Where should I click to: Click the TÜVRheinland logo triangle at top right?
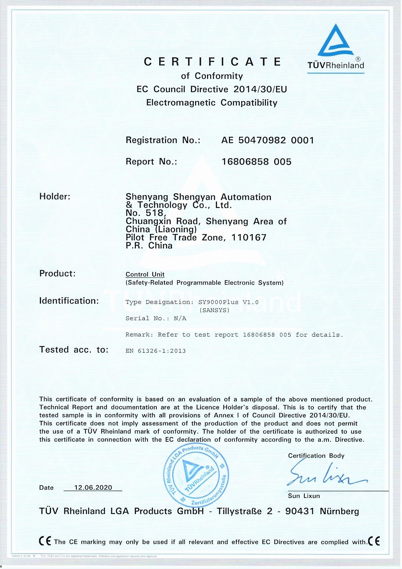pyautogui.click(x=336, y=41)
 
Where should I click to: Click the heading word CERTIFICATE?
pyautogui.click(x=213, y=62)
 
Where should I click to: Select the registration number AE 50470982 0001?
pyautogui.click(x=267, y=140)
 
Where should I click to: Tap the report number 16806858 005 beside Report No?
pyautogui.click(x=256, y=161)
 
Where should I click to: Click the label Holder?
pyautogui.click(x=55, y=197)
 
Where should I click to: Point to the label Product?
pyautogui.click(x=57, y=273)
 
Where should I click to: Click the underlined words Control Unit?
pyautogui.click(x=145, y=274)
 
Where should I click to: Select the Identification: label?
pyautogui.click(x=69, y=301)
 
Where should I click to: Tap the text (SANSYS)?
pyautogui.click(x=214, y=310)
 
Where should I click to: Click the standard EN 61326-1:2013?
pyautogui.click(x=156, y=351)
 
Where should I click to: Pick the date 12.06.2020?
pyautogui.click(x=93, y=487)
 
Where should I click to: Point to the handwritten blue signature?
pyautogui.click(x=326, y=476)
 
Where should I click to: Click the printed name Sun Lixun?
pyautogui.click(x=304, y=496)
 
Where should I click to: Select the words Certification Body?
pyautogui.click(x=316, y=455)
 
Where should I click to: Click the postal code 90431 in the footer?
pyautogui.click(x=299, y=511)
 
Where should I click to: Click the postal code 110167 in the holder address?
pyautogui.click(x=248, y=238)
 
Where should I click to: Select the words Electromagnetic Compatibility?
pyautogui.click(x=212, y=103)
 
